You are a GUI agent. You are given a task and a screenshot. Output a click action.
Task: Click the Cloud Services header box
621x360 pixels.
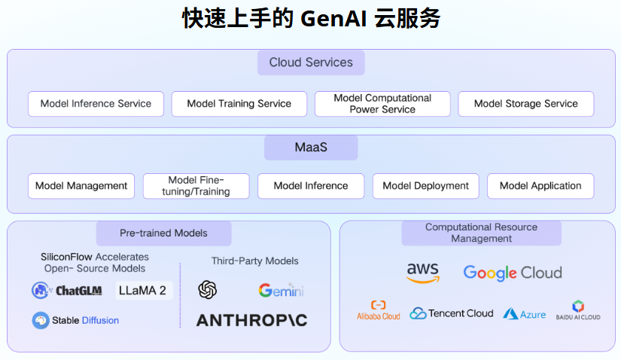(x=311, y=63)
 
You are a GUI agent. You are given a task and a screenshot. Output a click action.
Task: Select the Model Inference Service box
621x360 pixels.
(x=96, y=104)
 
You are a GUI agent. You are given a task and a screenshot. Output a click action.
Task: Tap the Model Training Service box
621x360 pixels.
(x=239, y=104)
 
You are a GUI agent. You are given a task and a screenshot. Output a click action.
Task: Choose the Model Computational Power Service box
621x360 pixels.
(x=382, y=104)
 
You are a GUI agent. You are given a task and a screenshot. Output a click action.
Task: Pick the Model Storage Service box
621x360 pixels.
(x=525, y=104)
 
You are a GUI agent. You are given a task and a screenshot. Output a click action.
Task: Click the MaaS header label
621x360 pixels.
(x=311, y=148)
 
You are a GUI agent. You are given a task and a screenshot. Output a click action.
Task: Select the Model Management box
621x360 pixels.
(x=81, y=186)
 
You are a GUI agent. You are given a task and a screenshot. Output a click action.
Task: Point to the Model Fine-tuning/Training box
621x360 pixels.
(x=196, y=186)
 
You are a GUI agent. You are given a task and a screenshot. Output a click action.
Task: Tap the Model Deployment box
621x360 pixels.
(x=425, y=186)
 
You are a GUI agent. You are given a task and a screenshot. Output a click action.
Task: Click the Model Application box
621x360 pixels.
(x=540, y=186)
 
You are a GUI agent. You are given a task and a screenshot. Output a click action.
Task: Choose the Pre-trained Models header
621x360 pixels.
(x=163, y=233)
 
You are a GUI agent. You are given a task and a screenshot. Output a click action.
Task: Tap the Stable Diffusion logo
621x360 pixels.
(x=75, y=320)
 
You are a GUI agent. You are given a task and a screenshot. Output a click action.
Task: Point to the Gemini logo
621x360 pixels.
(x=281, y=290)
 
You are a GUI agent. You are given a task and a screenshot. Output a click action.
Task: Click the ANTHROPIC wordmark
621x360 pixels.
(x=251, y=320)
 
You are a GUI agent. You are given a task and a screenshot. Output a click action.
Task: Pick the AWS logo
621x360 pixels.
(x=422, y=273)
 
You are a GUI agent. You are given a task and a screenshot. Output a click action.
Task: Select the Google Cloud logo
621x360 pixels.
(x=513, y=273)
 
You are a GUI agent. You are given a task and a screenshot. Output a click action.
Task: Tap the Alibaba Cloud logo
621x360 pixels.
(x=378, y=310)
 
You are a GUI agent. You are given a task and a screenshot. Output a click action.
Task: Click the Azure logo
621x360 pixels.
(x=525, y=313)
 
